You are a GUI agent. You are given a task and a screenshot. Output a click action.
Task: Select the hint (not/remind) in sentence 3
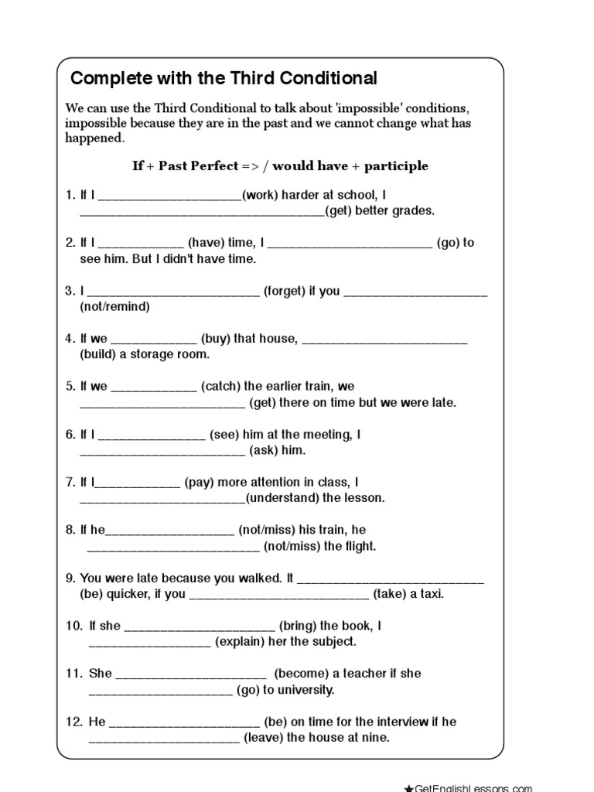114,306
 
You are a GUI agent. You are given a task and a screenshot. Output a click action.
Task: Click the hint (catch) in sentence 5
220,386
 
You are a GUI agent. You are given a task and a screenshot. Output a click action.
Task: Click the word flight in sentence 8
359,546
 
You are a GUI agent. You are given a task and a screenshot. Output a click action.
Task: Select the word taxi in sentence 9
432,594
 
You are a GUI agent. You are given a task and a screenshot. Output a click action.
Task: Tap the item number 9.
69,578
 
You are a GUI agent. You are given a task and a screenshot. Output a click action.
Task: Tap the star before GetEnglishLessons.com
408,787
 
